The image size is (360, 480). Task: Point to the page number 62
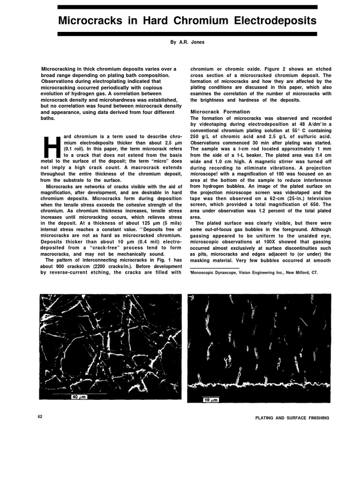[40, 417]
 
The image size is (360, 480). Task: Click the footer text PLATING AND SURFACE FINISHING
[292, 418]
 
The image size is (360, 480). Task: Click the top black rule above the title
[187, 7]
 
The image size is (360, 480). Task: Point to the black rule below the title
[187, 34]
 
